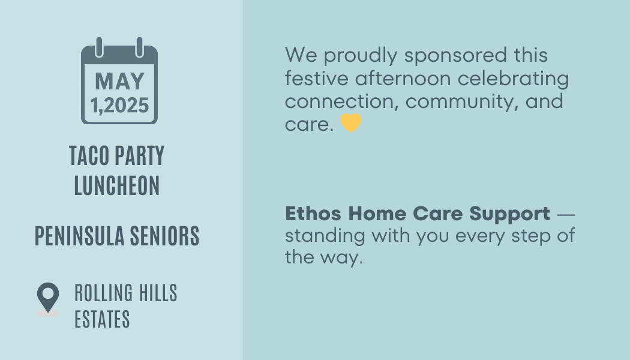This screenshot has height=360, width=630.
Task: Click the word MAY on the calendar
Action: tap(119, 81)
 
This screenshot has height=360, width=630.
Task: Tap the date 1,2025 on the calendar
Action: tap(120, 105)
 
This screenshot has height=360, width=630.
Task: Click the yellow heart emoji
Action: tap(351, 122)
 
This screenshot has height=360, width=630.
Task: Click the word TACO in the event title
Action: tap(89, 155)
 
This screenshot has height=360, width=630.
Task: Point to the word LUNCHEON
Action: tap(117, 185)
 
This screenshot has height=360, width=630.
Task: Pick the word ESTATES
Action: tap(102, 319)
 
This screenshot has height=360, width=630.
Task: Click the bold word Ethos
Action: tap(313, 214)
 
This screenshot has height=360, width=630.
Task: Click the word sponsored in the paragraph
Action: tap(455, 56)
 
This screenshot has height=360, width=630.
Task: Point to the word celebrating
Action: tap(513, 79)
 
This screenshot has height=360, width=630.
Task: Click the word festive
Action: tap(317, 79)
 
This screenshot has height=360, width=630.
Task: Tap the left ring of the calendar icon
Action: tap(99, 47)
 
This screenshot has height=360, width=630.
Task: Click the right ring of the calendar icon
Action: tap(139, 47)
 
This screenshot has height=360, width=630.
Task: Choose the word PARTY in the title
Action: tap(140, 155)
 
